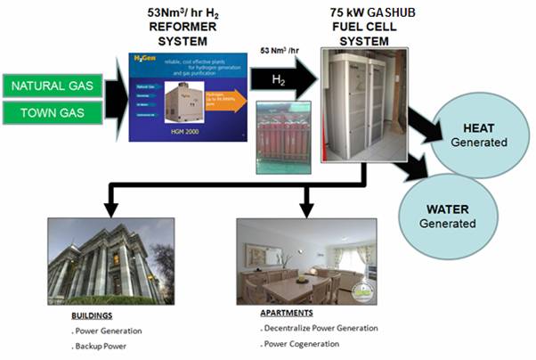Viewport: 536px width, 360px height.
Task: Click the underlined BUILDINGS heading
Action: point(91,315)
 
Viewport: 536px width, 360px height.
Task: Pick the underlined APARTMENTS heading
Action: point(285,314)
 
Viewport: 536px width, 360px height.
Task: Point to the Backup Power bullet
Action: point(101,343)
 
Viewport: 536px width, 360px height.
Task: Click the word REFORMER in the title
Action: point(178,28)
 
